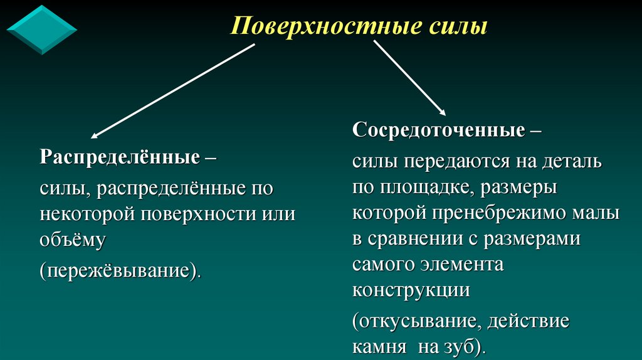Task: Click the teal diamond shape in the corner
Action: [41, 29]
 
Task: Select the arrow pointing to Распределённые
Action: [172, 90]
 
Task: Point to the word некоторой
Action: [87, 214]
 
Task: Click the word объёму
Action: [72, 238]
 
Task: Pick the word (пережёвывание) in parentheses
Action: [119, 272]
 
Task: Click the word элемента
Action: [463, 265]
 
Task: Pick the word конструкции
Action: [411, 290]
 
